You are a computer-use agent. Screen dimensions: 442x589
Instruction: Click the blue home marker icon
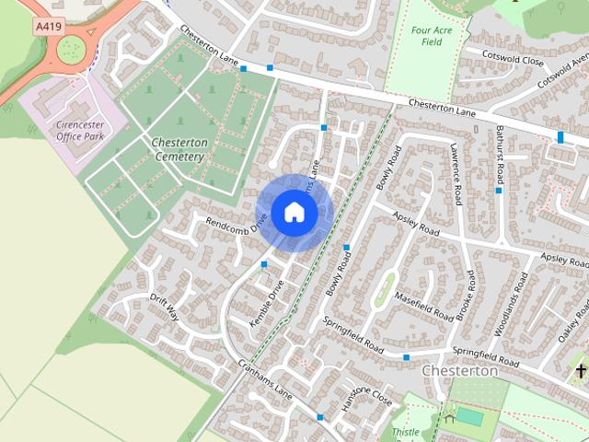(x=294, y=212)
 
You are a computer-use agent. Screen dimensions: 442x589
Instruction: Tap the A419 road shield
(x=50, y=28)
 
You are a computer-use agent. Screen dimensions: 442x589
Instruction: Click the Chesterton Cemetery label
(x=177, y=150)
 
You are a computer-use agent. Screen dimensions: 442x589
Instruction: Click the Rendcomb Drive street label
(x=236, y=221)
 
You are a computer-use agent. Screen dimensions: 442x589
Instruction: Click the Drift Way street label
(x=165, y=308)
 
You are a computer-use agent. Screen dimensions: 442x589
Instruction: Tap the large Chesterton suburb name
(x=459, y=370)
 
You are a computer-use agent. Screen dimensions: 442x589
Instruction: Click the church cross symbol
(x=581, y=370)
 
